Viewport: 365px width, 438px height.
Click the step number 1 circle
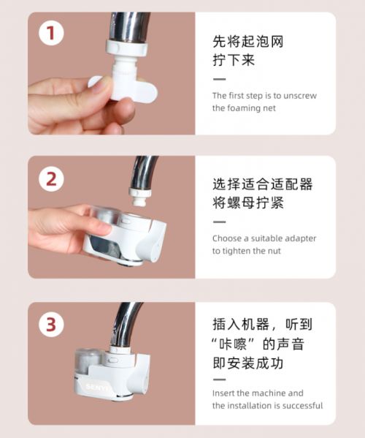(x=51, y=33)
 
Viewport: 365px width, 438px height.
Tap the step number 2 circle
(x=51, y=178)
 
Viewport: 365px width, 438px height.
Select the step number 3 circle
(x=51, y=325)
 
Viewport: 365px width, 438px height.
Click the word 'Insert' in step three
(x=223, y=393)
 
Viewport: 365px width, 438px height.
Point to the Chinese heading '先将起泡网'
(x=248, y=42)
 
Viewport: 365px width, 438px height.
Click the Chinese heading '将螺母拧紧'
(x=248, y=203)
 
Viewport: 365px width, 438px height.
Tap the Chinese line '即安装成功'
(x=248, y=363)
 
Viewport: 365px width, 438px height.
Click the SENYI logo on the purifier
(x=95, y=387)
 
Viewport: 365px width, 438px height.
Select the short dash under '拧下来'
(x=220, y=79)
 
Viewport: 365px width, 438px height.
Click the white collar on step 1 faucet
(x=126, y=48)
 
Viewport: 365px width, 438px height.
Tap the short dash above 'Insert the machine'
(x=220, y=380)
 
